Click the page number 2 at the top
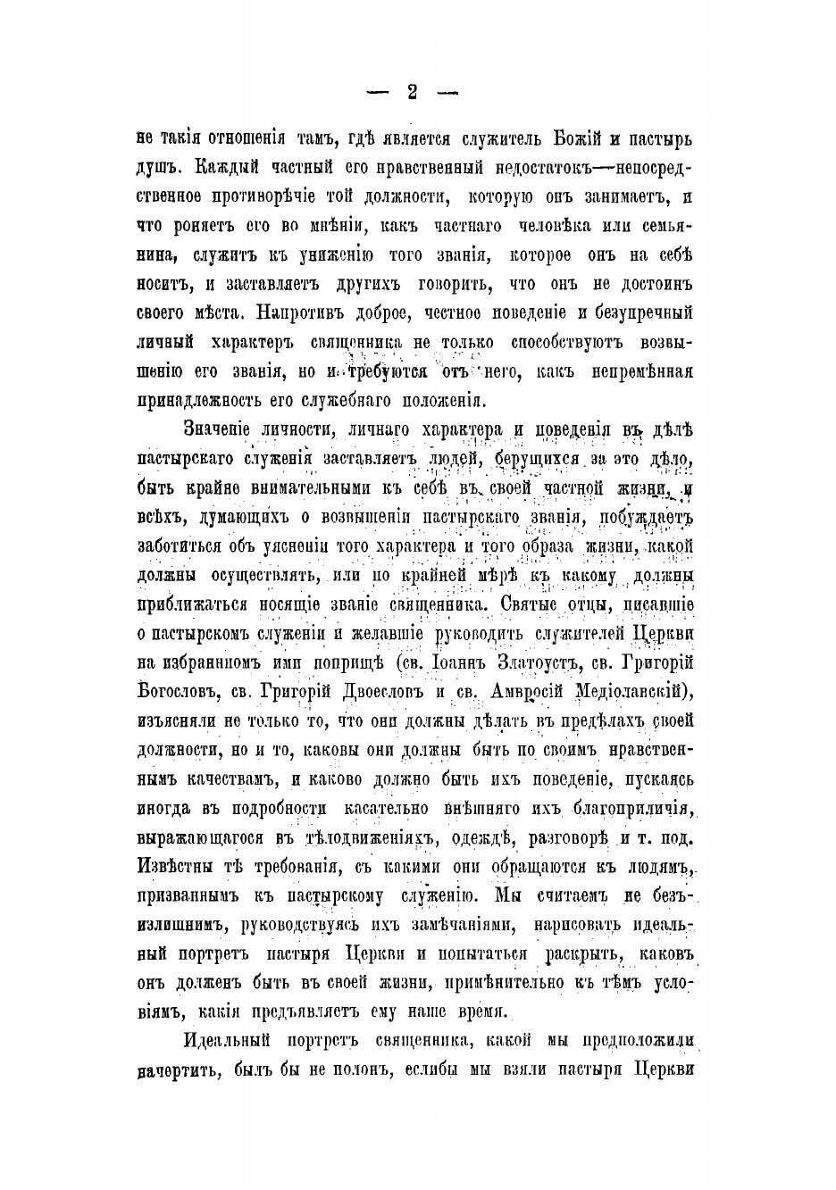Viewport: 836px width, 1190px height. pyautogui.click(x=412, y=92)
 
